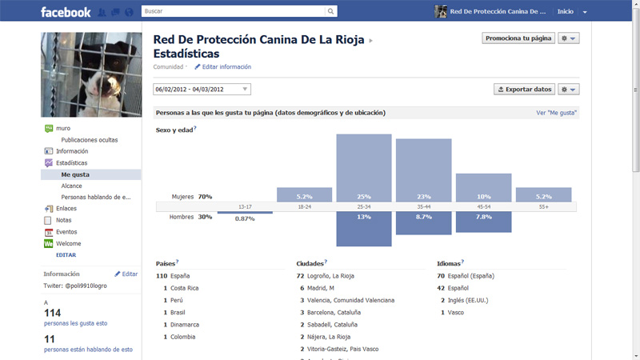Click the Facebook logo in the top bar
click(x=65, y=12)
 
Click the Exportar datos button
click(x=525, y=90)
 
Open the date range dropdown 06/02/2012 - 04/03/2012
click(x=202, y=90)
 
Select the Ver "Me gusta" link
click(x=557, y=113)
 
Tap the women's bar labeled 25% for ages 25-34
click(x=363, y=167)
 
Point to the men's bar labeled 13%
click(x=363, y=229)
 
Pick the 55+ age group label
click(x=543, y=206)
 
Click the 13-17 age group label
click(x=245, y=206)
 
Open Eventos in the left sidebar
click(x=66, y=232)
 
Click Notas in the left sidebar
click(x=64, y=220)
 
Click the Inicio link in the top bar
click(x=566, y=12)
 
